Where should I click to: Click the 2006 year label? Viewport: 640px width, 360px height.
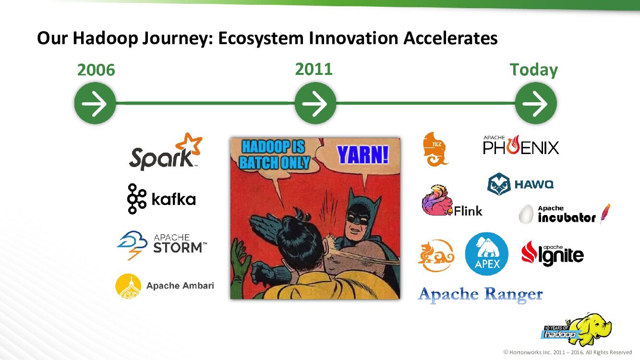coord(96,70)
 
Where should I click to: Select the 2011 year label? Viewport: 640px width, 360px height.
coord(314,69)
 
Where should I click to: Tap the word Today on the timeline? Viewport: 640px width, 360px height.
coord(534,70)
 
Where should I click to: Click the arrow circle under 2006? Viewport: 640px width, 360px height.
coord(95,103)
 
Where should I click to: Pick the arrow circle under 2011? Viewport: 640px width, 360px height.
coord(315,103)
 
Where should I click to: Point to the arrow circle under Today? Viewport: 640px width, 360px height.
coord(536,103)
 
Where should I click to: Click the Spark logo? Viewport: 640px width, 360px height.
coord(166,152)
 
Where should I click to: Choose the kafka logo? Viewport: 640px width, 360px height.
coord(161,199)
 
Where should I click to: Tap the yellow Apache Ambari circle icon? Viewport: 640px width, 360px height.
coord(128,286)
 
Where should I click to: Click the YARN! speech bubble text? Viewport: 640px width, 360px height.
coord(363,155)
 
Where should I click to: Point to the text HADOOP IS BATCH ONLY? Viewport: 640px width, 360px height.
coord(274,155)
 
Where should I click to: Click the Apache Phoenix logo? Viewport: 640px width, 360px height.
coord(521,145)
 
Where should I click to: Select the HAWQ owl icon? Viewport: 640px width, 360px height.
coord(499,184)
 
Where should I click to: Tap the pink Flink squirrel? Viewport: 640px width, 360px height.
coord(437,200)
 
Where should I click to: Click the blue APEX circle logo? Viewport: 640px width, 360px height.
coord(486,254)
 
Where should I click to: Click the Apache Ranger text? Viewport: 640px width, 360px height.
coord(480,295)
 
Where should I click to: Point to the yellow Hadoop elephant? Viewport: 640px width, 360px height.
coord(592,329)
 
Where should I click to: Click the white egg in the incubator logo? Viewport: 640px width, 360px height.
coord(526,214)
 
